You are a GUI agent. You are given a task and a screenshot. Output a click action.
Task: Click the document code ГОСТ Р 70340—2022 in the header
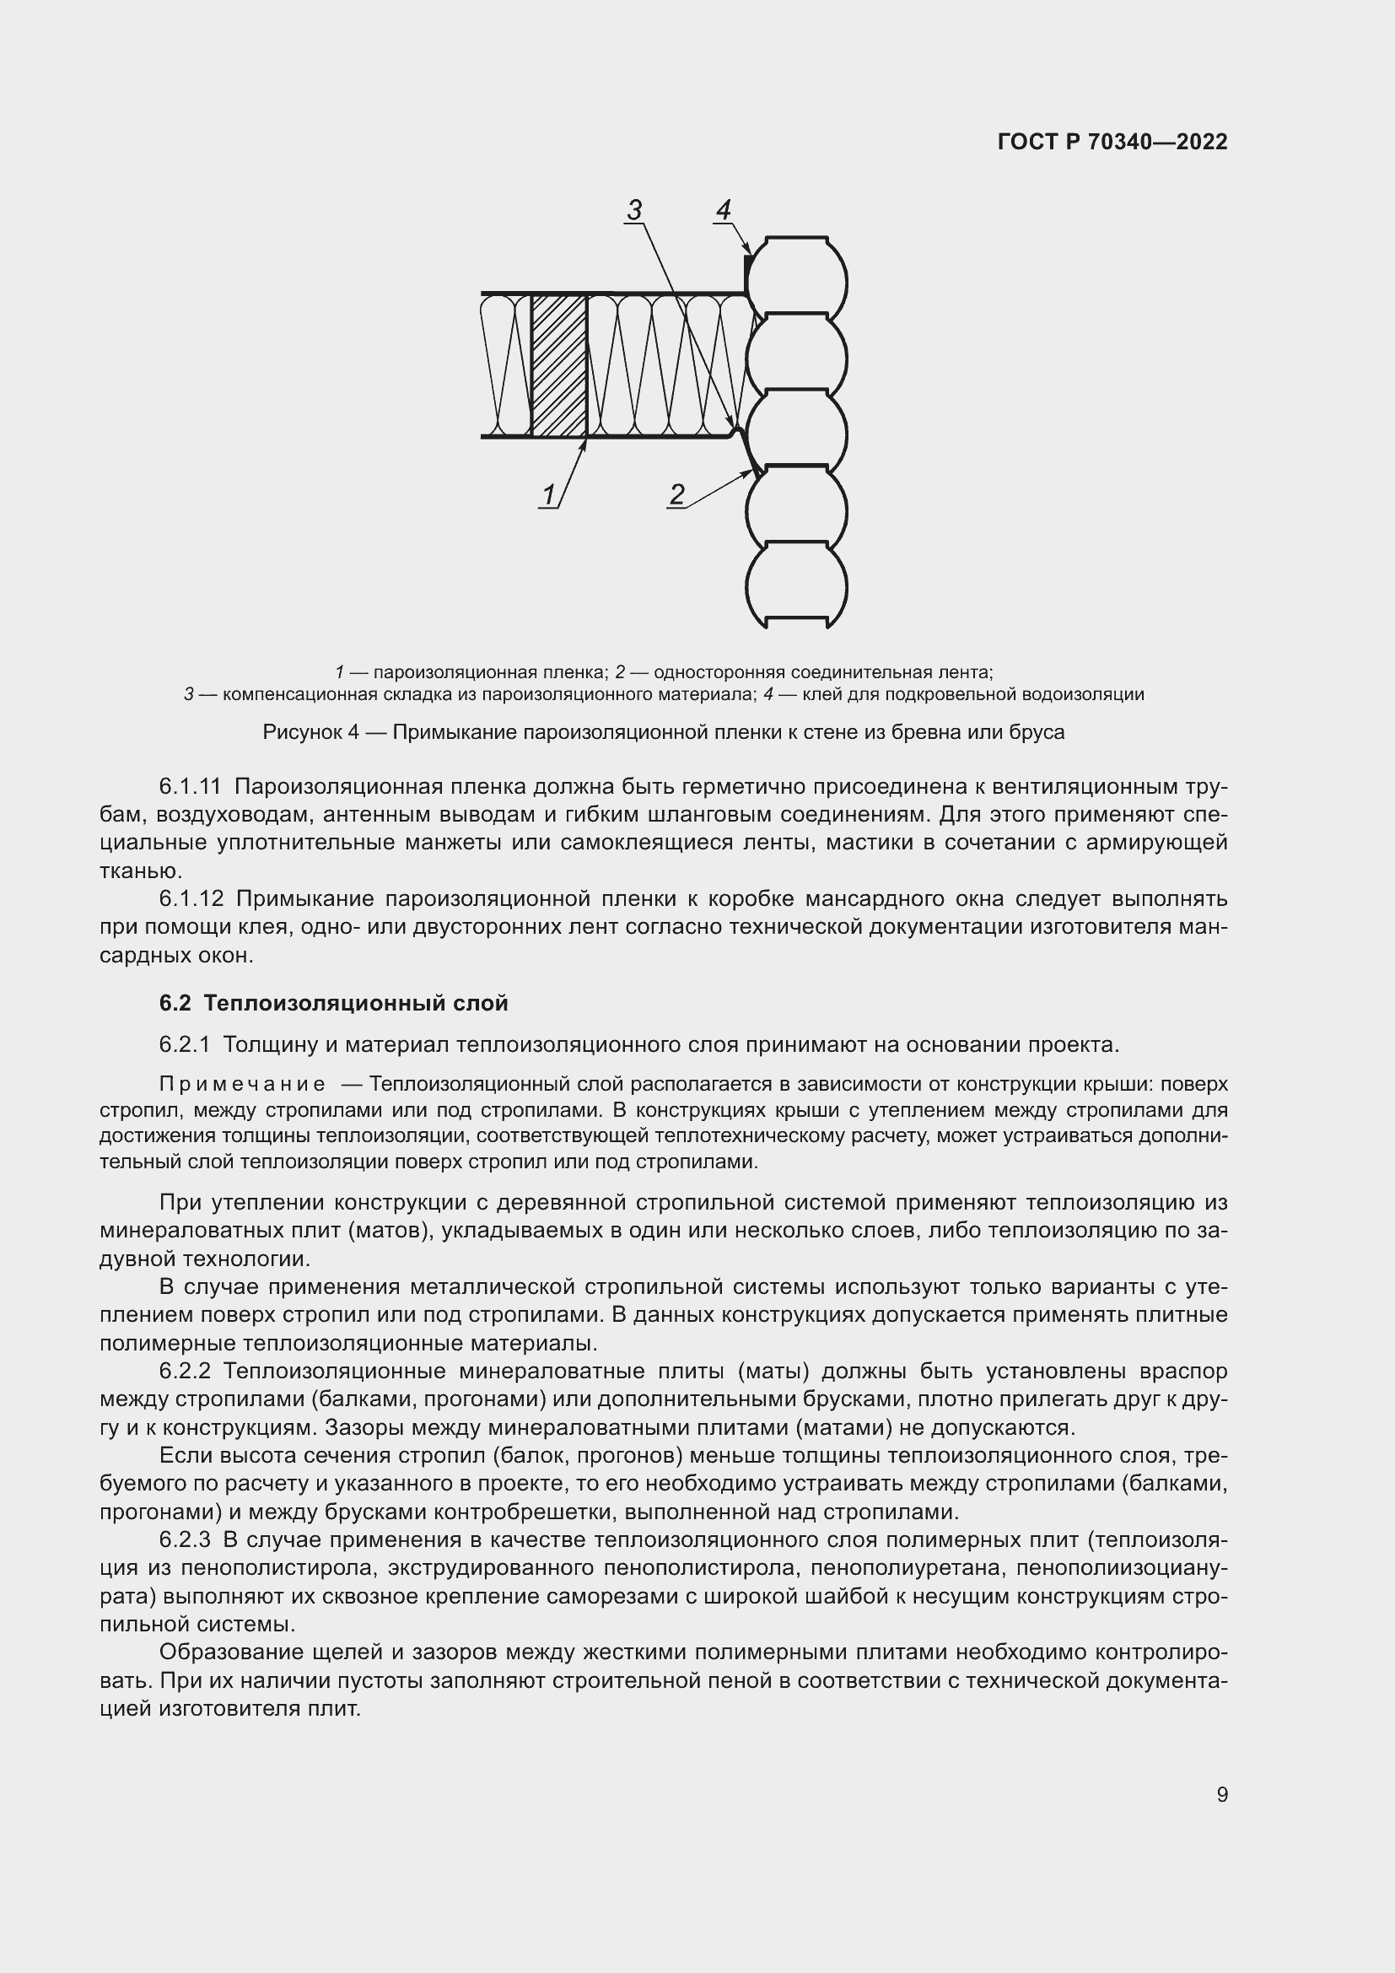click(x=1112, y=142)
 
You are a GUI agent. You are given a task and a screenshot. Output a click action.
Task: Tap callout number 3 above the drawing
click(x=634, y=210)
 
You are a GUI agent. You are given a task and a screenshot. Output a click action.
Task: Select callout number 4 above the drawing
click(x=724, y=210)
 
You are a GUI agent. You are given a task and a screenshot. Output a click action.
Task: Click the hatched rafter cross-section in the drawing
click(x=559, y=366)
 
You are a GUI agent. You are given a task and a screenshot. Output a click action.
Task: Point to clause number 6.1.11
click(x=191, y=786)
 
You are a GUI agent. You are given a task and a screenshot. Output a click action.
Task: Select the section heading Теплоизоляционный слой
click(x=356, y=1003)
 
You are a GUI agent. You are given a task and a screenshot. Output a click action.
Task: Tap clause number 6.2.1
click(x=185, y=1045)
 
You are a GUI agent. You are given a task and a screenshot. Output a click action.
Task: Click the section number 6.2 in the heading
click(x=176, y=1003)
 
